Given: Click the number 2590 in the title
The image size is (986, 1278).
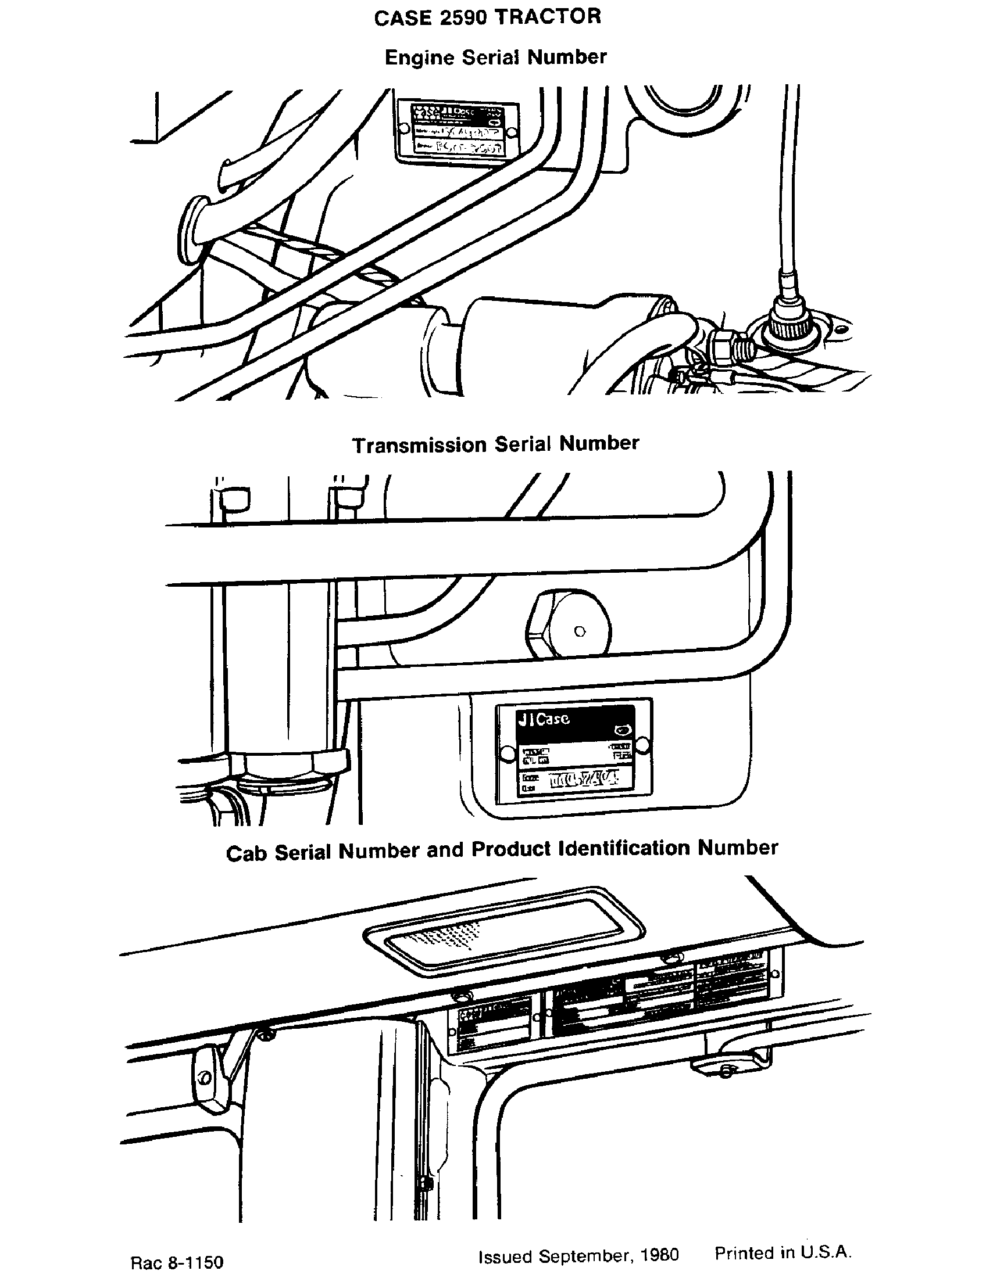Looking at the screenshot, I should pos(463,18).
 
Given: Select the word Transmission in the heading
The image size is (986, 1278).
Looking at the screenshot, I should pos(419,445).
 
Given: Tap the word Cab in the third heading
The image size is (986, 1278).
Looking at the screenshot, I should pos(246,853).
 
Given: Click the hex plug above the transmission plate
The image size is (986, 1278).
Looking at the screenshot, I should pos(569,624).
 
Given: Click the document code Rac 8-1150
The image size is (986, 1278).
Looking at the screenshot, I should pos(177,1262).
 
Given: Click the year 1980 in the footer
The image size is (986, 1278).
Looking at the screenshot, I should pos(660,1255).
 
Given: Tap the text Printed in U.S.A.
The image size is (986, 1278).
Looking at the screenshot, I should pos(783,1253).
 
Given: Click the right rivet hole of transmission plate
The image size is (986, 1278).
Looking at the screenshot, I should pos(642,744).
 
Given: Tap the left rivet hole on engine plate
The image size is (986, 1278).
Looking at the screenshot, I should pos(402,127).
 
